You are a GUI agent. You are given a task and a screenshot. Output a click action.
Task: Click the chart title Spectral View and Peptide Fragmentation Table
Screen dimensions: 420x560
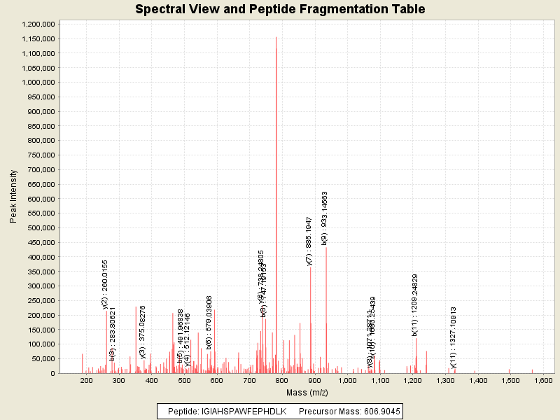pos(279,9)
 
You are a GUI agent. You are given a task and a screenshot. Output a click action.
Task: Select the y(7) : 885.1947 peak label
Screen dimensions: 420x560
pos(309,241)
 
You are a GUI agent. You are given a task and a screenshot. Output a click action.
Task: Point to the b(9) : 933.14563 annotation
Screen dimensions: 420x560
pos(325,218)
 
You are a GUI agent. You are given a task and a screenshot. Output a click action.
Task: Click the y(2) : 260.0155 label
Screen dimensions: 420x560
pos(105,284)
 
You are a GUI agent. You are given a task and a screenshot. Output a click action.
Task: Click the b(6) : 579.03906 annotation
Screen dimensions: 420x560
pos(209,323)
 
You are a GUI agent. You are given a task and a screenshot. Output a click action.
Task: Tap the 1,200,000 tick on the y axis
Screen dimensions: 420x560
pos(38,24)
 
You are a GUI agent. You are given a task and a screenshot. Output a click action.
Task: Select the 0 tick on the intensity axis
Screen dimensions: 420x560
pos(52,373)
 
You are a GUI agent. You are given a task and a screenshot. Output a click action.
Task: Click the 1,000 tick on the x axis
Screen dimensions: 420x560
pos(347,381)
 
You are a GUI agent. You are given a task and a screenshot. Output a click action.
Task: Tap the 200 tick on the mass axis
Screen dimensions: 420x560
pos(87,381)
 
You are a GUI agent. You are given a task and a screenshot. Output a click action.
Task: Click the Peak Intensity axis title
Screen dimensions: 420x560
pos(14,199)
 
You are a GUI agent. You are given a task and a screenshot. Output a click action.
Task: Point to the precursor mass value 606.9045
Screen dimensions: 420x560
pos(379,412)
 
